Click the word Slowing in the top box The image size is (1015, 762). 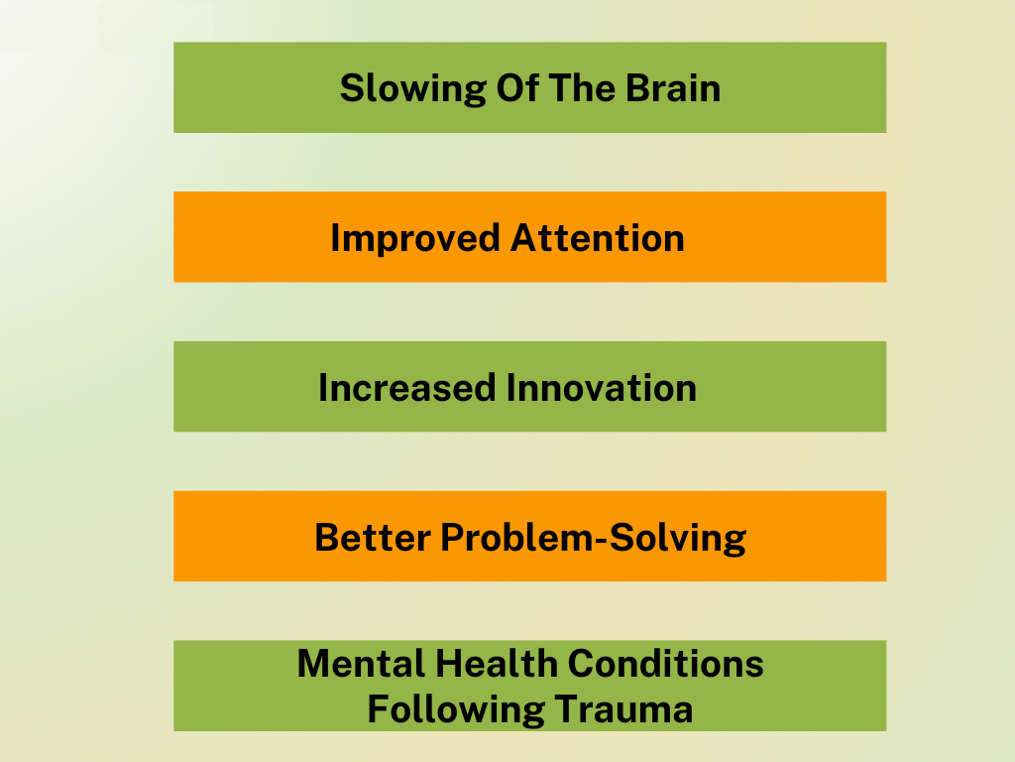[413, 89]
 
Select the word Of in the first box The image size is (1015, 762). [517, 87]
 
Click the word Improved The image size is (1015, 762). [415, 239]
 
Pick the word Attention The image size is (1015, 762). [597, 238]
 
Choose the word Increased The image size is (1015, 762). [407, 388]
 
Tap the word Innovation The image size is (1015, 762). [602, 388]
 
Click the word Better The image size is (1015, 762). [373, 537]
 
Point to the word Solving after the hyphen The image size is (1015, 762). [678, 539]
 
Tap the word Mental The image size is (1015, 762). [361, 664]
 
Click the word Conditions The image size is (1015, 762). [665, 664]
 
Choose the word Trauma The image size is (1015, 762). [623, 708]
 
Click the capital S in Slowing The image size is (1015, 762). [352, 87]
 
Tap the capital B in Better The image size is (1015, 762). [327, 537]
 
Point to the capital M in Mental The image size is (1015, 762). [314, 664]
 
